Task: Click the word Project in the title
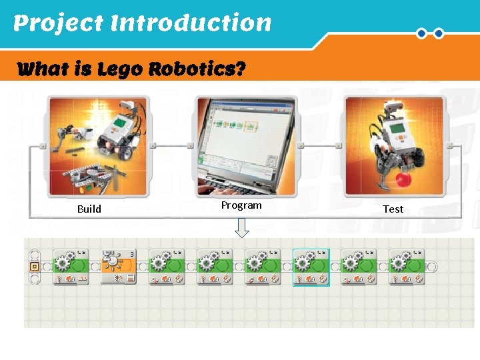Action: pos(59,23)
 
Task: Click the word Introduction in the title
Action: pos(191,23)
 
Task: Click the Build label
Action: pos(89,209)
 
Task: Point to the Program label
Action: pos(241,205)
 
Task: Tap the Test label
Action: pos(393,209)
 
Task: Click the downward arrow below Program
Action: pos(243,229)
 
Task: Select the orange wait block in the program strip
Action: pos(118,267)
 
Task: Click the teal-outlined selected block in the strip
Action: pos(311,267)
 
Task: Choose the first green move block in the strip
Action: pos(71,267)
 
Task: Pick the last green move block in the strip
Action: pos(407,267)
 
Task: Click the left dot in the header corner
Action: pos(421,33)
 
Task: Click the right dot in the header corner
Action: pos(439,33)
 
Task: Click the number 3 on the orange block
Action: pos(132,253)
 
